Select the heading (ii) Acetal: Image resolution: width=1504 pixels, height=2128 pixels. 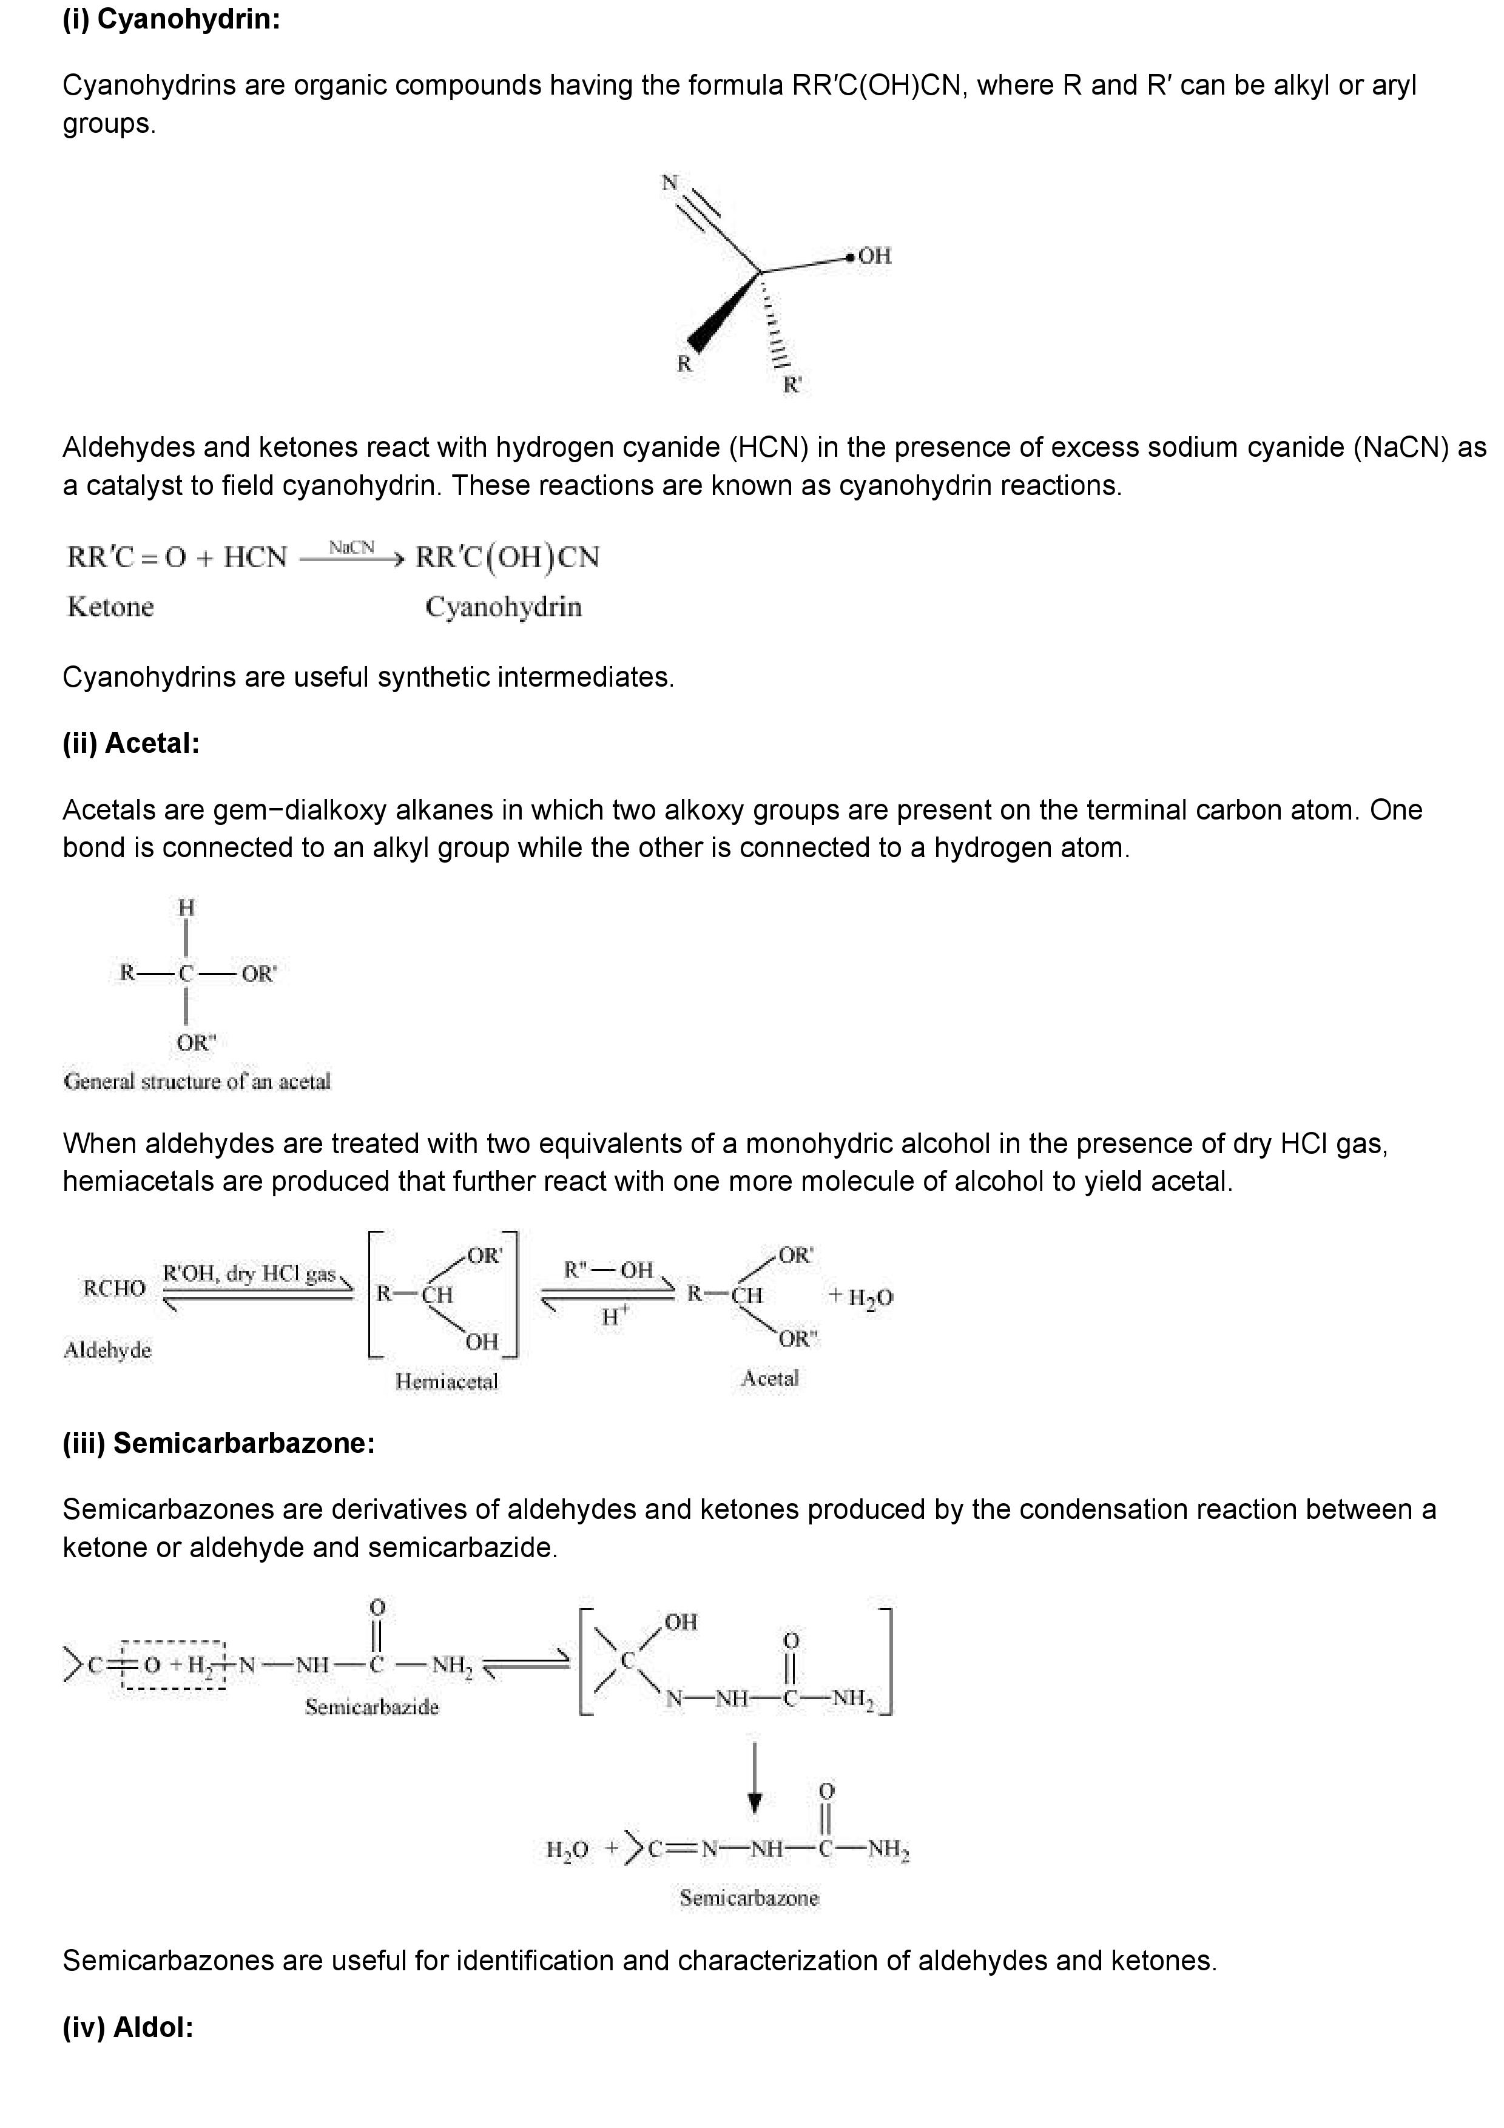[x=130, y=743]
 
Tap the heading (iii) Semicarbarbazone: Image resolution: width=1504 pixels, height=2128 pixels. [x=218, y=1444]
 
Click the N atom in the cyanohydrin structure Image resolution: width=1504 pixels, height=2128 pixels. [x=669, y=183]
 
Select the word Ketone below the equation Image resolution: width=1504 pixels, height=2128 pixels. [x=110, y=607]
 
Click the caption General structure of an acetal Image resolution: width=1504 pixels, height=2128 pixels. [x=197, y=1082]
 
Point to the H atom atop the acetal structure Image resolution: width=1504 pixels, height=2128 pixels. [x=186, y=908]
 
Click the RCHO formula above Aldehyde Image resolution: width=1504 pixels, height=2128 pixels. [x=114, y=1288]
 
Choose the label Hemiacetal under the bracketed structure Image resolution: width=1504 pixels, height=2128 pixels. [x=446, y=1382]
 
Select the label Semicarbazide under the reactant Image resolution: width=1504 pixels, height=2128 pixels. [x=371, y=1707]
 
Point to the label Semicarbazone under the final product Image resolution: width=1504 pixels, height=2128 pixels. [x=749, y=1898]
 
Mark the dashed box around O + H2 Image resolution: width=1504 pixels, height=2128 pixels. [x=174, y=1665]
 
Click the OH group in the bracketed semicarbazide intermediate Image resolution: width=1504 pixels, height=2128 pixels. [x=680, y=1622]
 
